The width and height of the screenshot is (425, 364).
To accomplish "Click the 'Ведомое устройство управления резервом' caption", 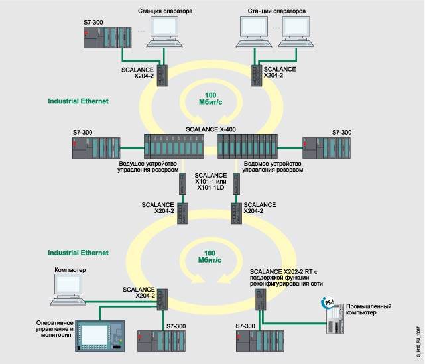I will coord(273,166).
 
